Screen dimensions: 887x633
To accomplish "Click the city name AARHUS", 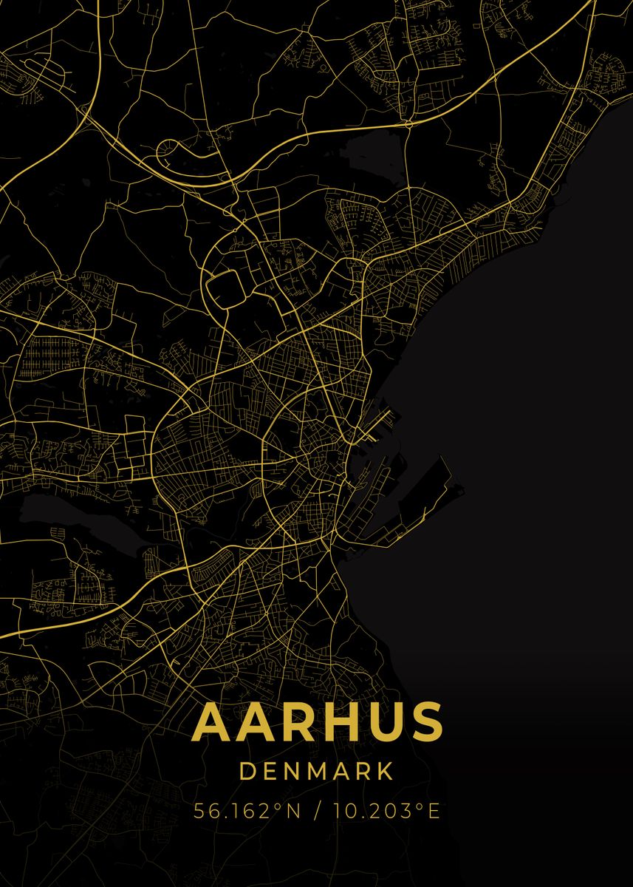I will pos(317,722).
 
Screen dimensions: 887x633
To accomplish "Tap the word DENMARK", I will pos(316,772).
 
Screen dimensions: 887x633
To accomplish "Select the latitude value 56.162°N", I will pos(247,811).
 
